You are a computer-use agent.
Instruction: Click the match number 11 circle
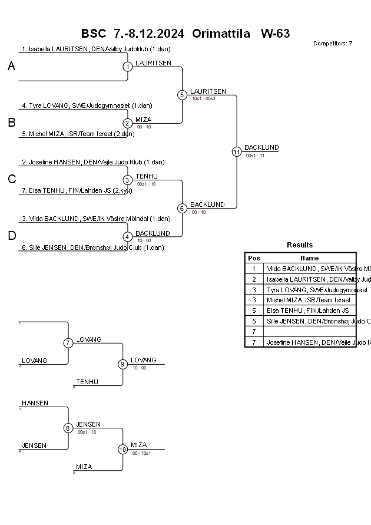pyautogui.click(x=237, y=151)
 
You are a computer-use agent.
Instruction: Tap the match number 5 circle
pyautogui.click(x=182, y=95)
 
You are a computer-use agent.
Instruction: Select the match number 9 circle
pyautogui.click(x=122, y=364)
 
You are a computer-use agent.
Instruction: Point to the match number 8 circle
pyautogui.click(x=68, y=428)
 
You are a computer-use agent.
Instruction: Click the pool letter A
pyautogui.click(x=11, y=67)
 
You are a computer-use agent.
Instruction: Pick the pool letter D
pyautogui.click(x=11, y=236)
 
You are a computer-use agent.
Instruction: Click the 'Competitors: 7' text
pyautogui.click(x=333, y=44)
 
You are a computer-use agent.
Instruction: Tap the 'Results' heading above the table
pyautogui.click(x=300, y=245)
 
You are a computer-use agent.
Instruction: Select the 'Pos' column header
pyautogui.click(x=254, y=258)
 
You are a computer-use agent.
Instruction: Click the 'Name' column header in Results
pyautogui.click(x=309, y=258)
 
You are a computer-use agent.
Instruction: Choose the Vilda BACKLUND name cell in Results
pyautogui.click(x=310, y=269)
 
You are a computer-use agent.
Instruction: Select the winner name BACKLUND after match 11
pyautogui.click(x=261, y=147)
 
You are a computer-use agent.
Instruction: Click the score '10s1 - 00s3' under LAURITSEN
pyautogui.click(x=204, y=98)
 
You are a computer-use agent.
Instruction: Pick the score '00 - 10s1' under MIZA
pyautogui.click(x=142, y=453)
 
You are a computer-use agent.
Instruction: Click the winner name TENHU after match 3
pyautogui.click(x=146, y=176)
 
